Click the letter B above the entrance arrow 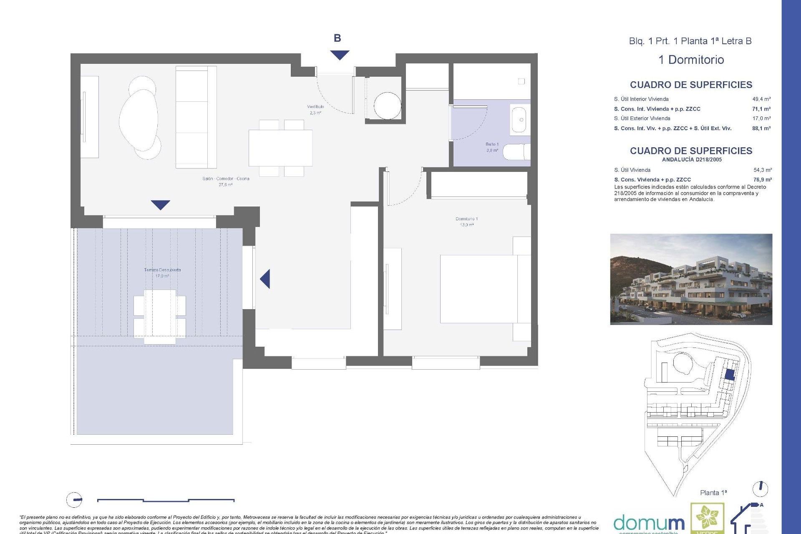(338, 38)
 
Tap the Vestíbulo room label (315, 109)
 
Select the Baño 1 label (492, 147)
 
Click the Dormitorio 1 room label (466, 222)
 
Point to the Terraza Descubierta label (162, 272)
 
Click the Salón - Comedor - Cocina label (226, 181)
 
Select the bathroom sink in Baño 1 (519, 120)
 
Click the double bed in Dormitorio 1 (480, 289)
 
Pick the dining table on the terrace (160, 316)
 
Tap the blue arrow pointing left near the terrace (265, 279)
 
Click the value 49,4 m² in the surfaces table (761, 99)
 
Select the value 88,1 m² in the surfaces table (761, 128)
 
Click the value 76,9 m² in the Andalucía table (762, 180)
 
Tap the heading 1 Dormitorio (691, 60)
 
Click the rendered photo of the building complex (691, 279)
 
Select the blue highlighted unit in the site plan (729, 374)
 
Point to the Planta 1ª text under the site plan (713, 493)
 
